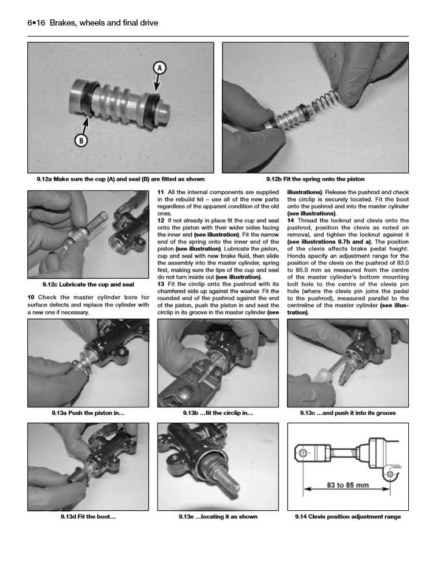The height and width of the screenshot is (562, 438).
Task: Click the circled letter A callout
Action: [160, 68]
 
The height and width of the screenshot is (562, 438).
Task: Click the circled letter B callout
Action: [82, 141]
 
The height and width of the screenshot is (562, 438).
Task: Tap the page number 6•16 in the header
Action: [36, 23]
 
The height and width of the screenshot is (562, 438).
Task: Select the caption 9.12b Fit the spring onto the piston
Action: [315, 179]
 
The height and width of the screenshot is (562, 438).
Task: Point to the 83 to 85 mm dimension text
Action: [347, 485]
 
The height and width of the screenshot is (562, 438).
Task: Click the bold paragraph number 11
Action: [161, 192]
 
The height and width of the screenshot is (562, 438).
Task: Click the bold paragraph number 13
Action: [161, 284]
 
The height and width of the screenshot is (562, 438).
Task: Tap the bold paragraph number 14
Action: [291, 220]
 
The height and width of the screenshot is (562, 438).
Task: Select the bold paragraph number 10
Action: [31, 298]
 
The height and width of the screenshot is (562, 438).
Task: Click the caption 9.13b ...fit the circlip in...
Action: [218, 413]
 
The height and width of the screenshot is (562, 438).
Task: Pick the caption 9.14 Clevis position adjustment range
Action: [348, 516]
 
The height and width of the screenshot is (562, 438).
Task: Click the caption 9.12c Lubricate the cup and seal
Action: [88, 284]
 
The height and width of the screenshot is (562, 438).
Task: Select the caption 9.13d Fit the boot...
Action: [88, 516]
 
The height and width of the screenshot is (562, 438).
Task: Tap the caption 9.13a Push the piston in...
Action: [88, 413]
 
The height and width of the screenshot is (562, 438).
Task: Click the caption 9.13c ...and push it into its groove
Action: [348, 413]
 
